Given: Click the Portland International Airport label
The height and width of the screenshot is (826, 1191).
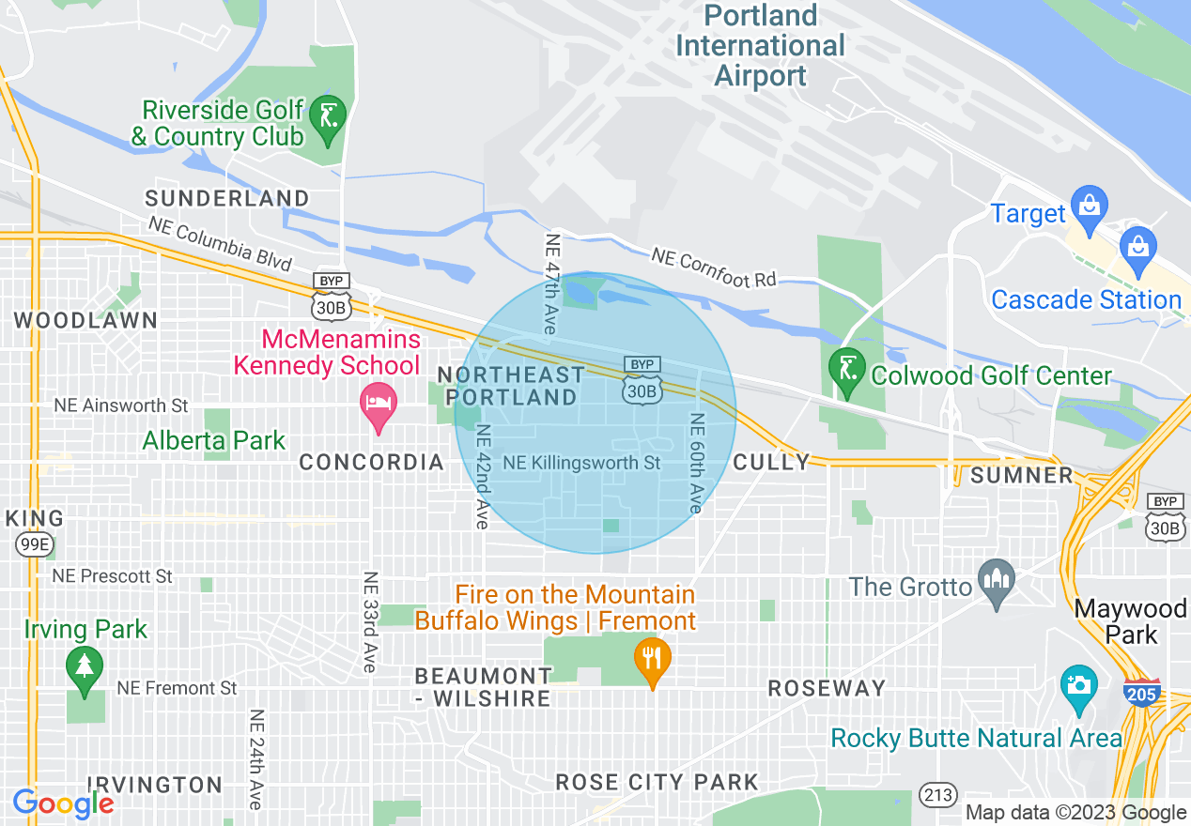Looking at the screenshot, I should pos(760,45).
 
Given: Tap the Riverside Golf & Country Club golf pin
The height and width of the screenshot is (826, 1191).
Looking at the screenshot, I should pos(328,119).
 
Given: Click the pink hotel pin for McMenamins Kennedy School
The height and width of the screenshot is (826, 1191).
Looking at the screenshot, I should pos(379,405).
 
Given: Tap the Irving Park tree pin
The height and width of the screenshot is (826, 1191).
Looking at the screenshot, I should pos(85,669).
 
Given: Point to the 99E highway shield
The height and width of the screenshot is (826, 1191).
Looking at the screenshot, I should pos(32,544).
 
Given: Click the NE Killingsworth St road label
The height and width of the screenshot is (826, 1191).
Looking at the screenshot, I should pos(581,463).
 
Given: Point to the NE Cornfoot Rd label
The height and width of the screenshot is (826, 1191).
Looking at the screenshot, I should pos(714,268).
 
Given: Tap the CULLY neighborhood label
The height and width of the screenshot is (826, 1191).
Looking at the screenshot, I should pos(771,462).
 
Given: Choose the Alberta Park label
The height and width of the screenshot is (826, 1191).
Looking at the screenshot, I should pos(213,440).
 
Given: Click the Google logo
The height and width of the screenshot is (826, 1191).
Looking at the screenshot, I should pos(63,803).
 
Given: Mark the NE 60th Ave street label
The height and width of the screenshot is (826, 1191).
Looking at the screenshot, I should pos(696,463).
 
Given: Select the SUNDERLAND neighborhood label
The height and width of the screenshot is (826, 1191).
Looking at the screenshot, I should pos(226,198).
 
